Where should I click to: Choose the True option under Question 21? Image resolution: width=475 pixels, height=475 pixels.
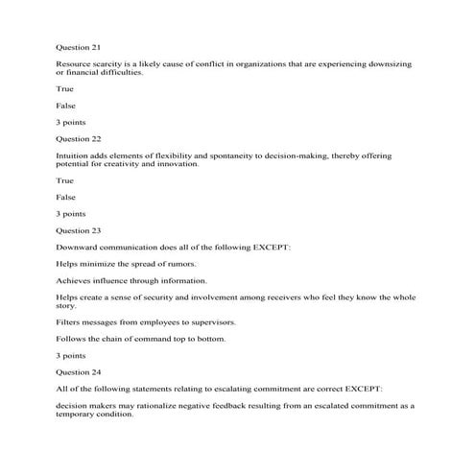[x=65, y=87]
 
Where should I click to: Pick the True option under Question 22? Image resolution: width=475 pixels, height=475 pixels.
[x=65, y=179]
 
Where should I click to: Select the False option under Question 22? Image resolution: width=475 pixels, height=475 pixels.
[x=66, y=196]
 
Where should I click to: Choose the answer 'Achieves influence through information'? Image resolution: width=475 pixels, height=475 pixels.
[x=131, y=280]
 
